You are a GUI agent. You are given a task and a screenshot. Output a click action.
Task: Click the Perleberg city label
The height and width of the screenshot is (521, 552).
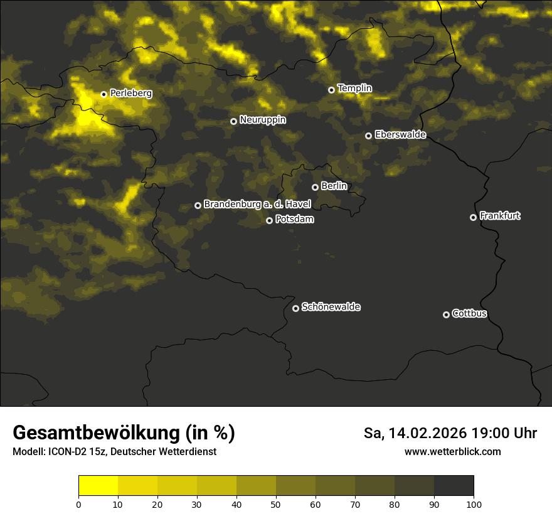130,93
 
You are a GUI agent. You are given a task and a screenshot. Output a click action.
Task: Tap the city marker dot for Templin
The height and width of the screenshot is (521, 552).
331,90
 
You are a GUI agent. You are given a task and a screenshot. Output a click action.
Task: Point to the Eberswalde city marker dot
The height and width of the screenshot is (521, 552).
368,136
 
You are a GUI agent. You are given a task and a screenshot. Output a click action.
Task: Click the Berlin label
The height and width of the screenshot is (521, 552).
334,186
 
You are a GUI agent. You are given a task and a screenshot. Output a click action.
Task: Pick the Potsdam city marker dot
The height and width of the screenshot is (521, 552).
269,220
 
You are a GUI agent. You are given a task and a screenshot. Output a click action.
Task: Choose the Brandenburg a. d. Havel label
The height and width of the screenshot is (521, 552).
257,204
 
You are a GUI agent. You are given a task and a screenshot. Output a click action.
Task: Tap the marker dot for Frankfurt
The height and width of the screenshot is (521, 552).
473,217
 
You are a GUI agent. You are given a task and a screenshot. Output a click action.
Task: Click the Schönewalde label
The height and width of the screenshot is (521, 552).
331,307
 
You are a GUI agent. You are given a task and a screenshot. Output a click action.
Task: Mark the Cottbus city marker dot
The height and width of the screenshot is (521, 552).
446,314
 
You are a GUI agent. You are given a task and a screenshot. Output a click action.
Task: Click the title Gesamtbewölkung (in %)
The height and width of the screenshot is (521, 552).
124,433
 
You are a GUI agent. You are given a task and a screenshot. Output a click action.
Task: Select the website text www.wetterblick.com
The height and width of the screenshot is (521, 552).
452,451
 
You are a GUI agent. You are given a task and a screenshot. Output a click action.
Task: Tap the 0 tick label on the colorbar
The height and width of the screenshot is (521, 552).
78,504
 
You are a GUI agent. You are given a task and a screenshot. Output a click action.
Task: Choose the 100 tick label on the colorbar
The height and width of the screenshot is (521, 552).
474,504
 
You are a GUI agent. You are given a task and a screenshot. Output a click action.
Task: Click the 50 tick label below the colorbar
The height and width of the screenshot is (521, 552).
276,504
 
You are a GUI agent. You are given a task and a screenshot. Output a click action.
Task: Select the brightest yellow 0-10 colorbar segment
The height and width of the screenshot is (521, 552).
98,486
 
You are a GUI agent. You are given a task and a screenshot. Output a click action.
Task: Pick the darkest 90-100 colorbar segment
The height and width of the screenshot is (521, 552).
454,486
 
